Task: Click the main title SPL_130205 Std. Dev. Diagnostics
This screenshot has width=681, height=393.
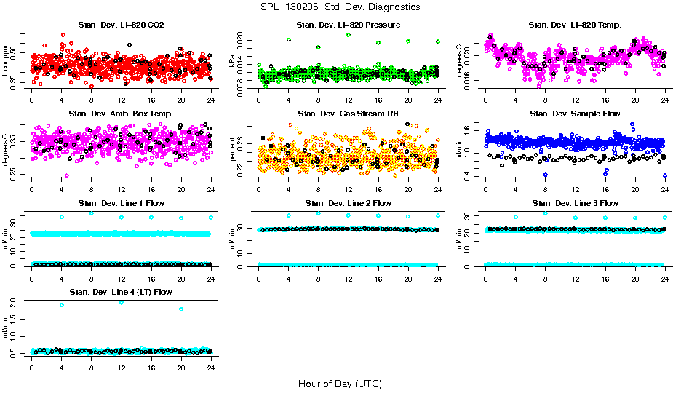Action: click(340, 7)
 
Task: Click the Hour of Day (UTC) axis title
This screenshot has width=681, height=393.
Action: click(340, 383)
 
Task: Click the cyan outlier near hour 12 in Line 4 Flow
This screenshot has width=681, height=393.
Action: click(121, 302)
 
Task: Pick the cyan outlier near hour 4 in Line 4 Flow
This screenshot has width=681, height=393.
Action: click(61, 305)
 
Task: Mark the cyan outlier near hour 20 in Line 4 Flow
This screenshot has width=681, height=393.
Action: click(180, 309)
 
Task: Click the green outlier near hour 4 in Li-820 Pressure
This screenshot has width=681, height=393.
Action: click(289, 40)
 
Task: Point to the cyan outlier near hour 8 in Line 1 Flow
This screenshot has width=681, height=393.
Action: click(92, 213)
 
